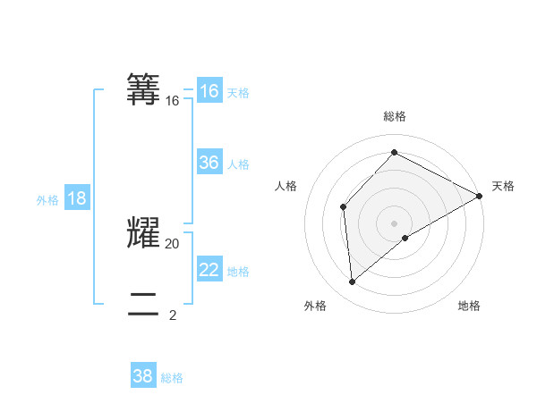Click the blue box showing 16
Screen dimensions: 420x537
(209, 91)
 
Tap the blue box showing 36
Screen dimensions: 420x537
(209, 163)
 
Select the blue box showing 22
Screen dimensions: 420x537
(209, 270)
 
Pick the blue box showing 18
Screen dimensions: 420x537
(77, 198)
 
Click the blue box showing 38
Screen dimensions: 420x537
(143, 376)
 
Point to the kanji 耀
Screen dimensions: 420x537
(145, 232)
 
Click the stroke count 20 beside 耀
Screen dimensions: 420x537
(173, 243)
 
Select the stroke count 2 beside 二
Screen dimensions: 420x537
(173, 315)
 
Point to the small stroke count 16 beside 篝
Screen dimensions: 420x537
(173, 101)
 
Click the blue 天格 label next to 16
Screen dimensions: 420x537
(238, 92)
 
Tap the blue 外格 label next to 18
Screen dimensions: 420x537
(47, 200)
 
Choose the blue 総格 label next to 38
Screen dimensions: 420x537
(172, 378)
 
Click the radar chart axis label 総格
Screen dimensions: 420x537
(394, 116)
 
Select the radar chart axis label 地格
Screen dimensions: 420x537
(469, 307)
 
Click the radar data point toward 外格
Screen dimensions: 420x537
(353, 281)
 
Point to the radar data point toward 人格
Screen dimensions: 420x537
(343, 207)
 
